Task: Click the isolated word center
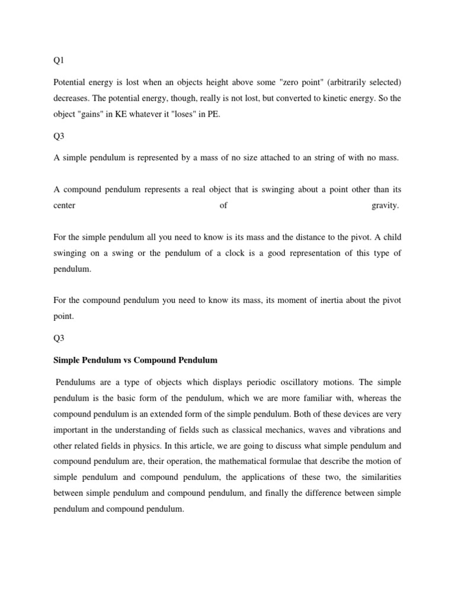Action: (65, 205)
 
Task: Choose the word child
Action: (390, 237)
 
